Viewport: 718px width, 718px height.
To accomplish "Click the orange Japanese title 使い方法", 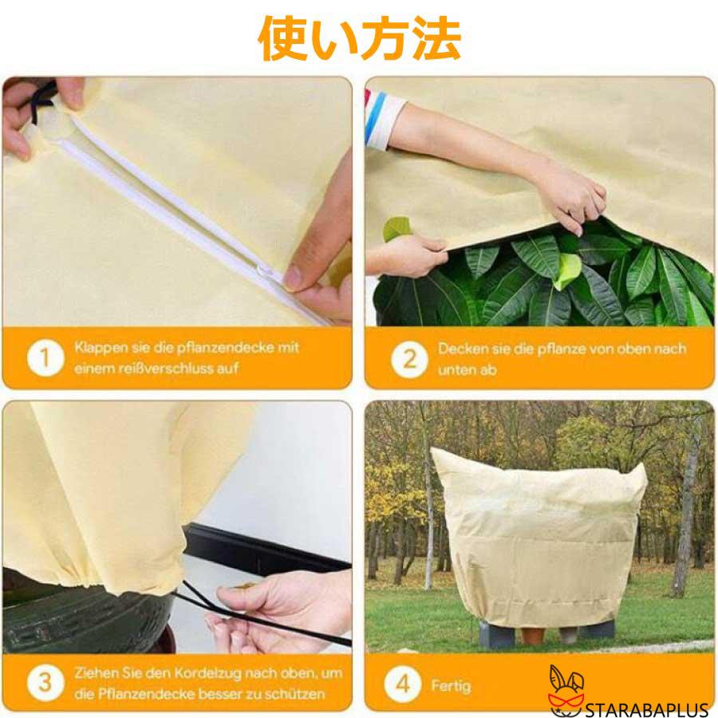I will pos(359,37).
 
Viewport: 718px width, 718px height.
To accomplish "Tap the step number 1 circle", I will pos(45,358).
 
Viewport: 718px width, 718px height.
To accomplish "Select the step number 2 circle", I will pos(408,358).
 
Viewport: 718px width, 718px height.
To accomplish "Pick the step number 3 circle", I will pos(45,683).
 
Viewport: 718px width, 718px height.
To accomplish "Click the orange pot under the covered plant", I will pos(533,634).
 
